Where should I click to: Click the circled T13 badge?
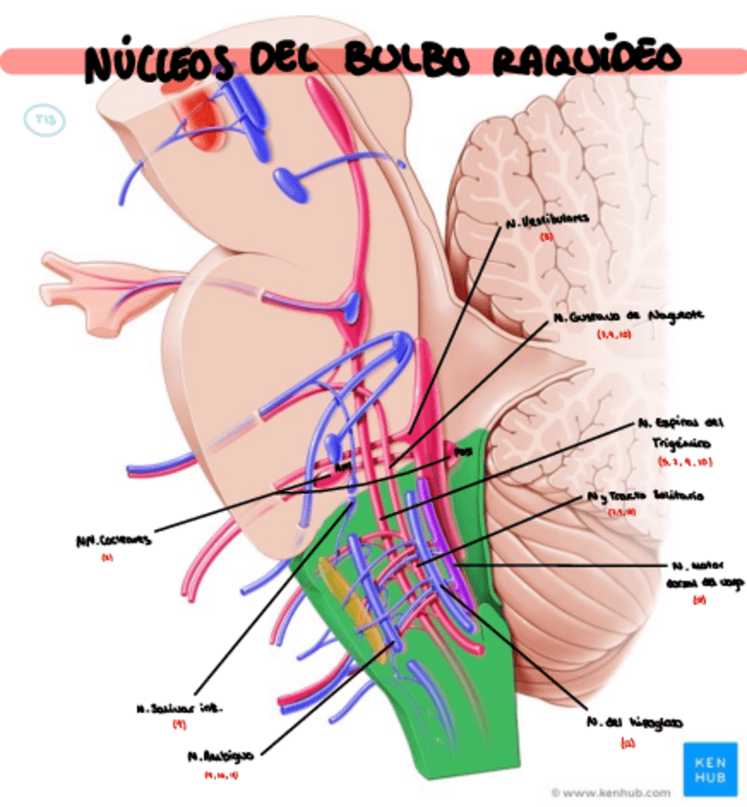tap(44, 120)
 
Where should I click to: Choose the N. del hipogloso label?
tap(633, 721)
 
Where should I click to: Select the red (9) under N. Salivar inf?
tap(178, 725)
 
